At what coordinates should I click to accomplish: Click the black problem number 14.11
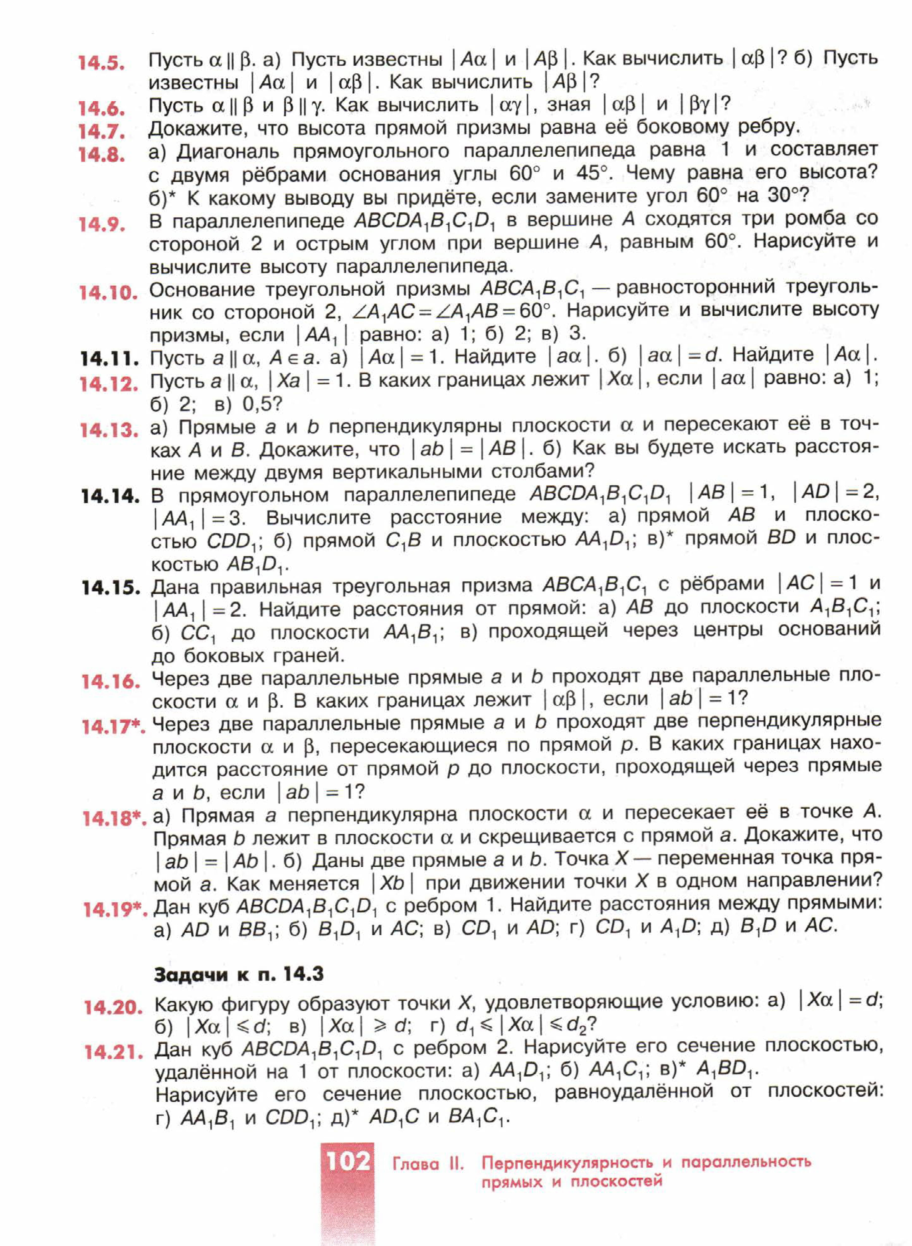109,359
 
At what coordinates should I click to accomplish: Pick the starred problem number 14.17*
113,727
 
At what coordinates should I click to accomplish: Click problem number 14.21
113,1052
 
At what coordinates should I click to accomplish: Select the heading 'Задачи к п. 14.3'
238,974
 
